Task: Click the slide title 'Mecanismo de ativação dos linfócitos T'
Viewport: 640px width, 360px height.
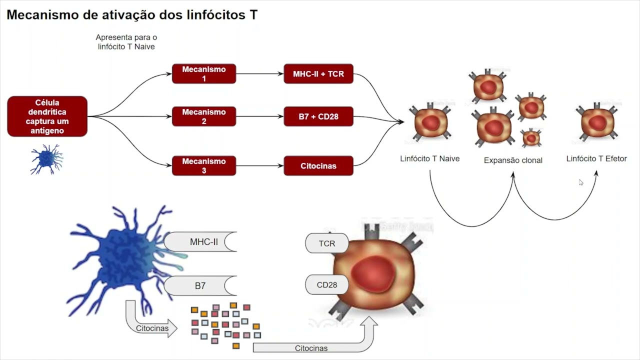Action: pyautogui.click(x=132, y=15)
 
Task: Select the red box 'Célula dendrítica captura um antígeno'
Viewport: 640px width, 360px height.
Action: pyautogui.click(x=47, y=116)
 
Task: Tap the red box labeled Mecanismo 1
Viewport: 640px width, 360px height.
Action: pyautogui.click(x=203, y=74)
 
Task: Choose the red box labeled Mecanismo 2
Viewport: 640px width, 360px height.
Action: pyautogui.click(x=203, y=116)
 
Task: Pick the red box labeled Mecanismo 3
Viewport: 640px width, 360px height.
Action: pyautogui.click(x=203, y=165)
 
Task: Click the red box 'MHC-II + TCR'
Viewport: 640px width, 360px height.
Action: pyautogui.click(x=318, y=74)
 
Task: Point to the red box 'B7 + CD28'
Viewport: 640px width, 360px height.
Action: pyautogui.click(x=318, y=116)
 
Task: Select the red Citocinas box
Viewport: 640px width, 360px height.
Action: pyautogui.click(x=318, y=165)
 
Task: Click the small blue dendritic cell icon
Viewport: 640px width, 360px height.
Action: pyautogui.click(x=46, y=159)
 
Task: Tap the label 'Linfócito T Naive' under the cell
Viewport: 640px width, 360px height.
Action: pyautogui.click(x=429, y=159)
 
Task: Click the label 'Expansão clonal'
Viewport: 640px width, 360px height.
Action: pyautogui.click(x=513, y=160)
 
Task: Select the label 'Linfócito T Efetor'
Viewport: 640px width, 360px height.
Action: pyautogui.click(x=596, y=159)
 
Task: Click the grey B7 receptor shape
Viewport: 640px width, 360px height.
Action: pyautogui.click(x=200, y=286)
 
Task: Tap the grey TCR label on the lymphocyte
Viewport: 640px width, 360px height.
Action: pyautogui.click(x=326, y=243)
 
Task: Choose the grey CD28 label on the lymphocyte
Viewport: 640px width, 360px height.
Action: pyautogui.click(x=326, y=284)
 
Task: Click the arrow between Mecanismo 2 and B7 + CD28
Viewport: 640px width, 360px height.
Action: pyautogui.click(x=259, y=116)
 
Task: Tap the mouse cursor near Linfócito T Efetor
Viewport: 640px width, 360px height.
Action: pyautogui.click(x=581, y=182)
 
